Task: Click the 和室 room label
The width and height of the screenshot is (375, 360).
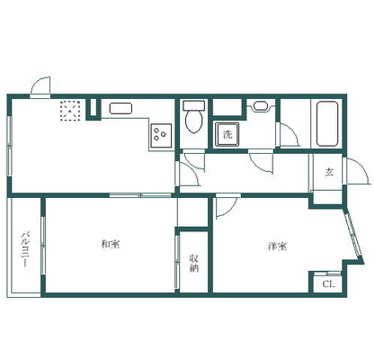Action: pyautogui.click(x=111, y=244)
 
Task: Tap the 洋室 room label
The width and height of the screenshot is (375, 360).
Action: pyautogui.click(x=277, y=247)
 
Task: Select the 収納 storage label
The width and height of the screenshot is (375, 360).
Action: pyautogui.click(x=194, y=263)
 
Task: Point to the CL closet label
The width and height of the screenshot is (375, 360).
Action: pyautogui.click(x=328, y=284)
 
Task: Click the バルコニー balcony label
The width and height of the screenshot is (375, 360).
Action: pyautogui.click(x=25, y=249)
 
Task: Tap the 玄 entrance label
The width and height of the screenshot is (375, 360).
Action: pyautogui.click(x=329, y=172)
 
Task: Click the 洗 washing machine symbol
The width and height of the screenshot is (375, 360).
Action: pyautogui.click(x=228, y=134)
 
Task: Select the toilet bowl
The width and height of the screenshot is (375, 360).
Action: pyautogui.click(x=193, y=121)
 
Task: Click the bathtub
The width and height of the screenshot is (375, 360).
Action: pyautogui.click(x=327, y=123)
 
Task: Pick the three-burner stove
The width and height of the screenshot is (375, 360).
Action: pyautogui.click(x=161, y=136)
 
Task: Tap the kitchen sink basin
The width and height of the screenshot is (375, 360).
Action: pyautogui.click(x=121, y=108)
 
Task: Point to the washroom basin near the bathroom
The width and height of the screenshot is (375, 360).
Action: pyautogui.click(x=261, y=106)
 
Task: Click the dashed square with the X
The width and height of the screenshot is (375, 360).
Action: pyautogui.click(x=70, y=111)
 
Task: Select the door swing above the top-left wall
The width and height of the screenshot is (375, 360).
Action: pyautogui.click(x=40, y=86)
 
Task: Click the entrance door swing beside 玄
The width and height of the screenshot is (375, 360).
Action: pyautogui.click(x=357, y=171)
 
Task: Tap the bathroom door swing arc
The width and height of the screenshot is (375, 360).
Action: pyautogui.click(x=290, y=135)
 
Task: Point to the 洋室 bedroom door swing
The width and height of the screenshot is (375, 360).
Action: pyautogui.click(x=228, y=205)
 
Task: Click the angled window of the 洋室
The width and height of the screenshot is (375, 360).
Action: pyautogui.click(x=354, y=237)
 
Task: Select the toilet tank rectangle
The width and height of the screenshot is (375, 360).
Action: pyautogui.click(x=194, y=105)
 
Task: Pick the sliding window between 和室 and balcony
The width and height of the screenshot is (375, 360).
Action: pyautogui.click(x=43, y=246)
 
